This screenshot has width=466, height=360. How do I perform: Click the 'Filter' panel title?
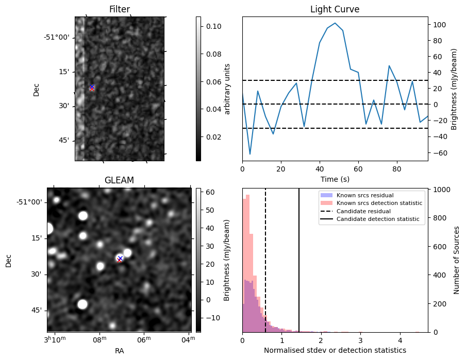point(120,9)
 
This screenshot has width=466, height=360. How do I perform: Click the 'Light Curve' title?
point(335,9)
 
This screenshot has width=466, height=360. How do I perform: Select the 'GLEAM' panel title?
point(119,180)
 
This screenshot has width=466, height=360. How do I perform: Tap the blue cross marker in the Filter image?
point(92,87)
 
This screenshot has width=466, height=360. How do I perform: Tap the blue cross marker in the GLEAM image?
point(120,258)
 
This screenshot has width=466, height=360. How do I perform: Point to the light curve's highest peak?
point(335,23)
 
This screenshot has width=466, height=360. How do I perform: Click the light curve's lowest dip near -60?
point(250,154)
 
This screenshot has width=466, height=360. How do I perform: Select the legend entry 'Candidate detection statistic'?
point(377,219)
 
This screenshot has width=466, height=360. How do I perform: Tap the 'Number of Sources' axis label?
point(457,260)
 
